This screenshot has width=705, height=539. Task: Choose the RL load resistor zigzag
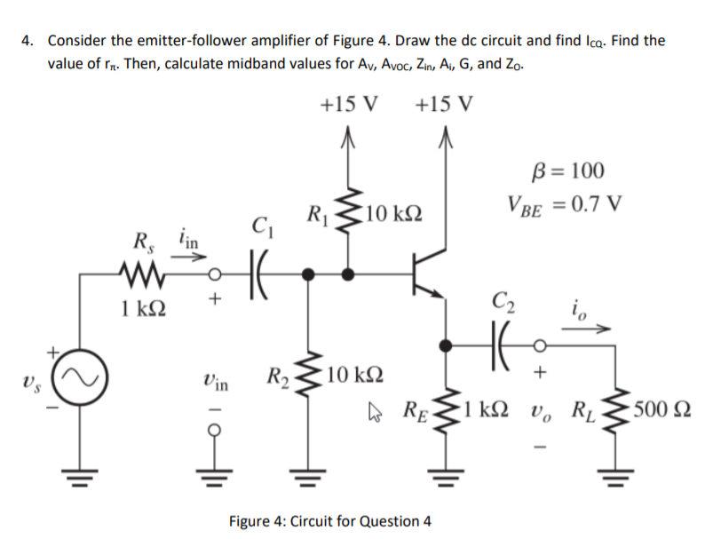(610, 412)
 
